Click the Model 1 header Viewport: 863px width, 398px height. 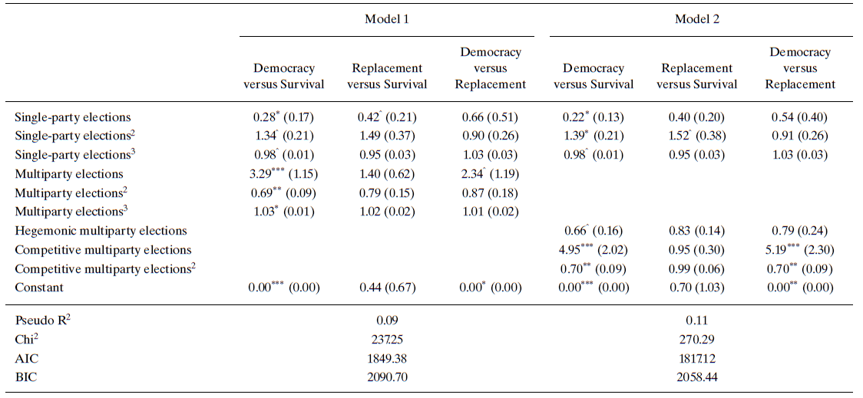click(386, 19)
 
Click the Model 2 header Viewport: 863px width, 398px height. click(696, 19)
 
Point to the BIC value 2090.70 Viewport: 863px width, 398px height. click(386, 375)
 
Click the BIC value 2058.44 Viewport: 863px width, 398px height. click(696, 375)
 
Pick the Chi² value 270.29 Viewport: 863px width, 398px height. click(696, 339)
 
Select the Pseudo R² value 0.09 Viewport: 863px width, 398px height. click(386, 321)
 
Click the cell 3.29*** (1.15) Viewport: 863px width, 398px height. click(284, 175)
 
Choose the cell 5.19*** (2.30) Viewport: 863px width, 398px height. click(800, 250)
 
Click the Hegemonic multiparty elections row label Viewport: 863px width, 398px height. click(101, 231)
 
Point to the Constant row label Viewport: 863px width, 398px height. click(39, 288)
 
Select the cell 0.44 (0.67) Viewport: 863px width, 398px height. click(385, 288)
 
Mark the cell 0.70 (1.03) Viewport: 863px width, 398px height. click(696, 288)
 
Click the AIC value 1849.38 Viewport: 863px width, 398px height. click(386, 357)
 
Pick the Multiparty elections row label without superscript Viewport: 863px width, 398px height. click(68, 175)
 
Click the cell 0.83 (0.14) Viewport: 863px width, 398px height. click(696, 231)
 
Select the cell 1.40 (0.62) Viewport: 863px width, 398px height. click(385, 175)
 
